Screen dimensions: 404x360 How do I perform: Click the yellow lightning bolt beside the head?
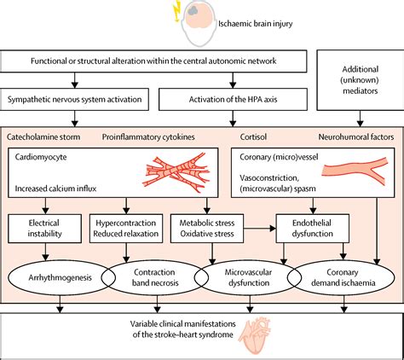pos(177,11)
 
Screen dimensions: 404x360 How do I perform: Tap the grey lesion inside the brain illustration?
pos(193,11)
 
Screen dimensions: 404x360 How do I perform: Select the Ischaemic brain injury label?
pos(255,24)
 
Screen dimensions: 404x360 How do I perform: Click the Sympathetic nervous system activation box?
pos(74,99)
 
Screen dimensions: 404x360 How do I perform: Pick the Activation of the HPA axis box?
pos(233,99)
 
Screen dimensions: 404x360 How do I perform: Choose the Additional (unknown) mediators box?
pos(361,80)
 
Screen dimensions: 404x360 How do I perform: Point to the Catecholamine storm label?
pos(43,136)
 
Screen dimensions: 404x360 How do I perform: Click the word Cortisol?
pos(253,136)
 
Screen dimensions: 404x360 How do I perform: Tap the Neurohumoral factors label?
pos(356,136)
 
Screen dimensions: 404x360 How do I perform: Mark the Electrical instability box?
pos(44,229)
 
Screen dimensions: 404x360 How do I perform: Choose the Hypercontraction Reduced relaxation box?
pos(126,229)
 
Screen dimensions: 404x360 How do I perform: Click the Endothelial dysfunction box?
pos(313,229)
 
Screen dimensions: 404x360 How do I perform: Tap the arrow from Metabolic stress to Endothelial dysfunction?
pos(260,229)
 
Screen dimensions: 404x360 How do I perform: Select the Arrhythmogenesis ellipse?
pos(61,277)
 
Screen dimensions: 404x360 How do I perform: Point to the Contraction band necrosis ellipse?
pos(155,277)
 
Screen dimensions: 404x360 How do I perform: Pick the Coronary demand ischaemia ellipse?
pos(341,277)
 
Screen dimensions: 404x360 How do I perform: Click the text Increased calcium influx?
pos(55,189)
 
